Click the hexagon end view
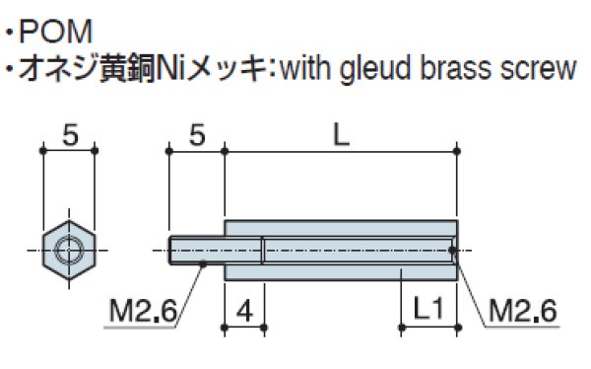(x=69, y=252)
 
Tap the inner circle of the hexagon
(x=69, y=252)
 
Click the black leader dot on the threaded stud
(x=202, y=263)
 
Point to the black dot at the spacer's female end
(x=454, y=251)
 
